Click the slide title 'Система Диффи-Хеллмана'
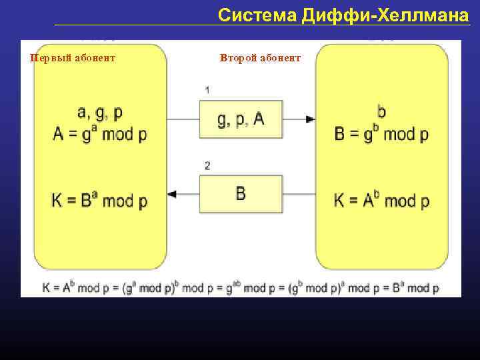tap(343, 15)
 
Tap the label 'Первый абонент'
tap(73, 58)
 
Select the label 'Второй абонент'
tap(260, 58)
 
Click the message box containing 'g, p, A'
tap(241, 119)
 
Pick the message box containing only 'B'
tap(241, 194)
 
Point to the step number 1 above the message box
tap(207, 90)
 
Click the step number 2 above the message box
tap(207, 166)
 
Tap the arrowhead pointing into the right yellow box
tap(311, 119)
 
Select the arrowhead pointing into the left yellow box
tap(172, 194)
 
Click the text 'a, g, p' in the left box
tap(100, 113)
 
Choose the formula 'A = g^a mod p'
tap(100, 133)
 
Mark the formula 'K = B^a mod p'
tap(100, 199)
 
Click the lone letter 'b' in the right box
tap(381, 111)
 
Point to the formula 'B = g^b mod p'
tap(381, 133)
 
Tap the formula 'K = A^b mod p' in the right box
tap(381, 199)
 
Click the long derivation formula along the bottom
tap(241, 288)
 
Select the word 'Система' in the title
tap(257, 15)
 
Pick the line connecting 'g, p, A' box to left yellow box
tap(183, 119)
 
